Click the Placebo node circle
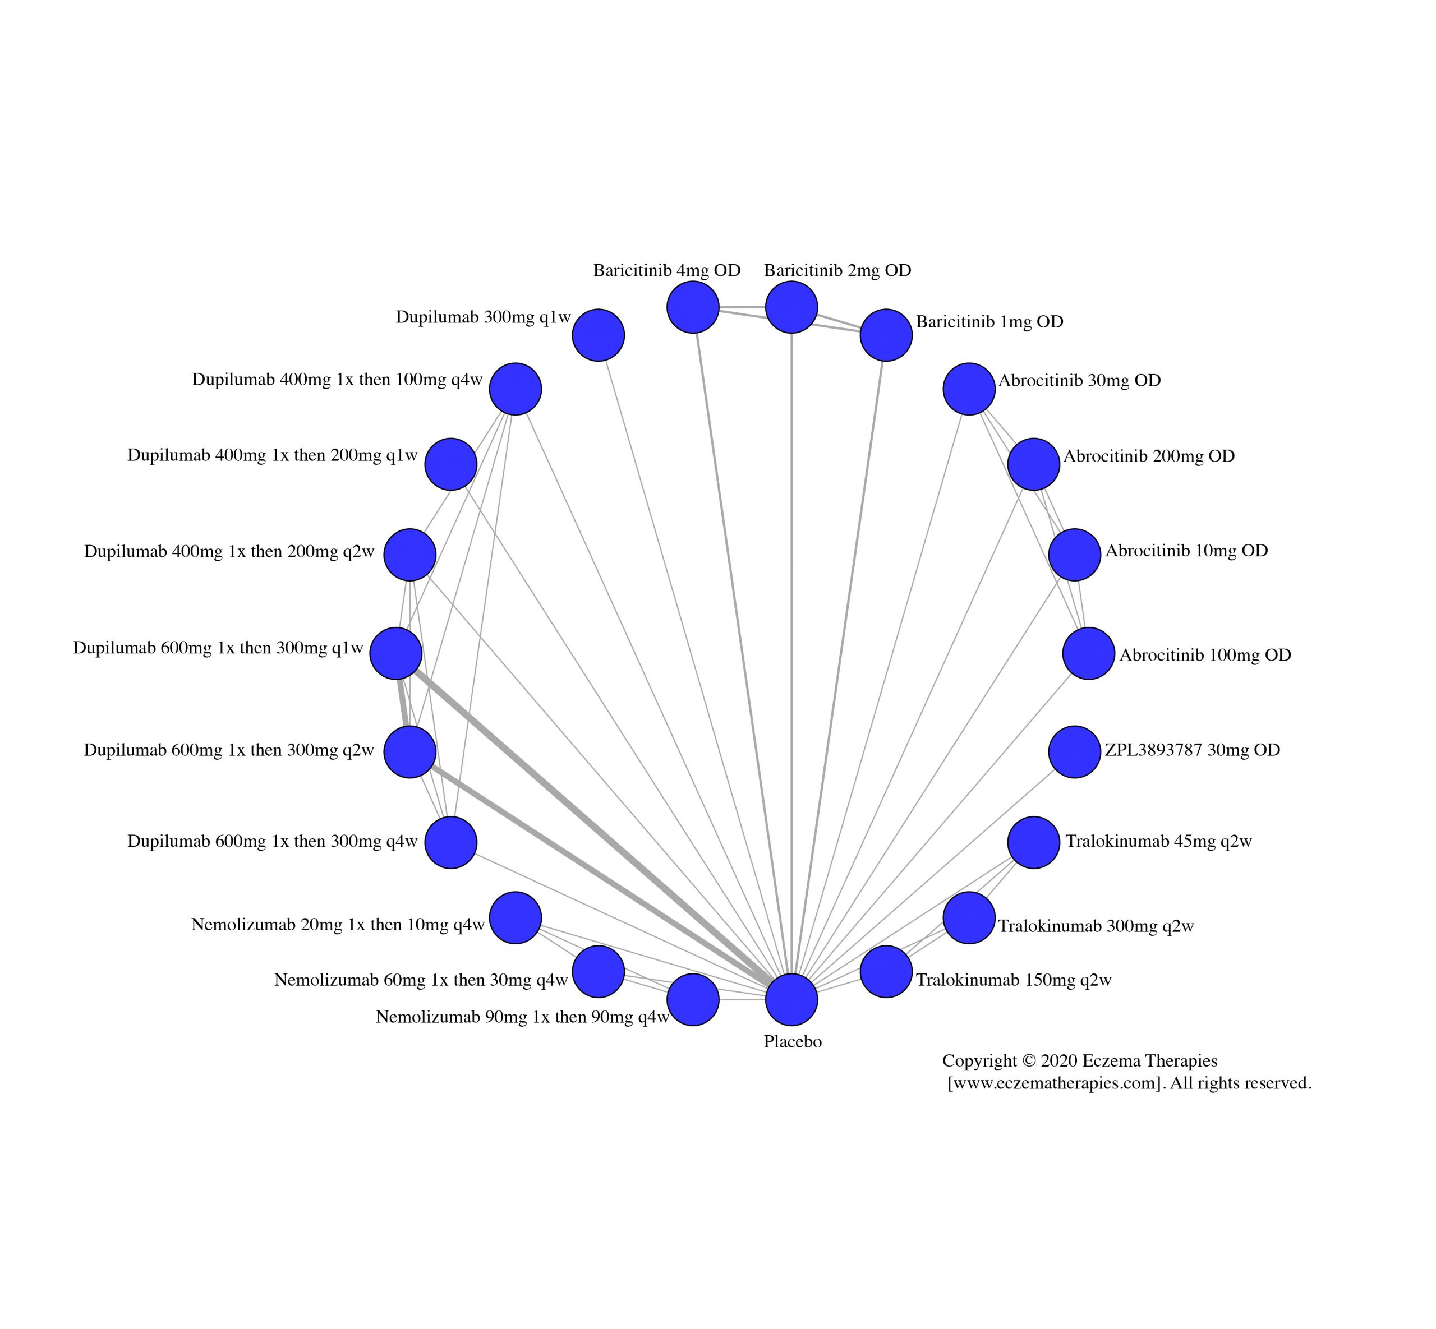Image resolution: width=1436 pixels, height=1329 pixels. pos(791,1000)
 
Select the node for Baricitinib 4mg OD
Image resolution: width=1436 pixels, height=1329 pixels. pos(693,307)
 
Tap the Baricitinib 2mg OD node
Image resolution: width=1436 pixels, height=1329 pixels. pos(791,307)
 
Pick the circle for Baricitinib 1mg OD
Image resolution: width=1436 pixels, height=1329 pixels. pos(886,335)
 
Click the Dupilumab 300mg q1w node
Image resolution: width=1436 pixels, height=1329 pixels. pos(598,335)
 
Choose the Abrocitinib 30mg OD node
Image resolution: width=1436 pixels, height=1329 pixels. pos(969,389)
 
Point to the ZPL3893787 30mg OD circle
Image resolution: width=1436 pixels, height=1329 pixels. pos(1074,751)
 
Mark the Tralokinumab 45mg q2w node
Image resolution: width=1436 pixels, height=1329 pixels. pos(1033,842)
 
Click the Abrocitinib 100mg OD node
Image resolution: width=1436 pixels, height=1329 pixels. pos(1089,653)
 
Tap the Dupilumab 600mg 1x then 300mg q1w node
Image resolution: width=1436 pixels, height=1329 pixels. pos(395,653)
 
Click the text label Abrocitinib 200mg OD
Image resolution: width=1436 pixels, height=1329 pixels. pos(1149,456)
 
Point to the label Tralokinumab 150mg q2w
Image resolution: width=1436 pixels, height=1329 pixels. pos(1014,980)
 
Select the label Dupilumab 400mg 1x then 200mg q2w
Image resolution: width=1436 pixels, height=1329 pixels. pos(229,552)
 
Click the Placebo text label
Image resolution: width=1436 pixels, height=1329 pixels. pos(792,1041)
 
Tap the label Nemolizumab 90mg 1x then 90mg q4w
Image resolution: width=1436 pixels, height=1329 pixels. pos(522,1017)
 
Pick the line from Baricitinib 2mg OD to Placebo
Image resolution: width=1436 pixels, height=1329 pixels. pos(791,647)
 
